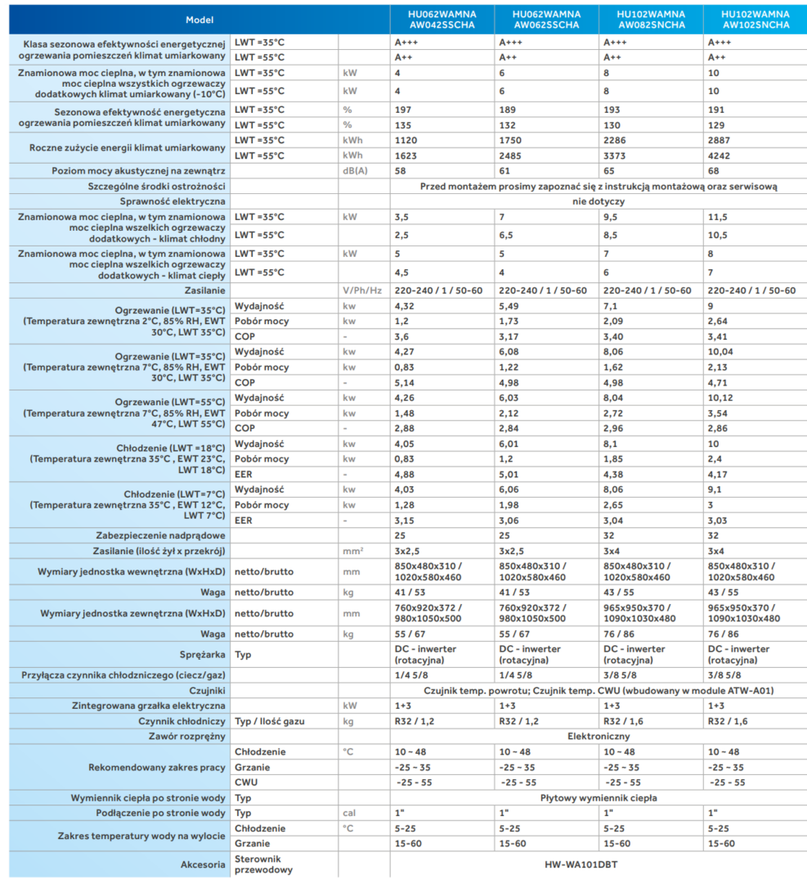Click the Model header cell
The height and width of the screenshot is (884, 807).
point(199,20)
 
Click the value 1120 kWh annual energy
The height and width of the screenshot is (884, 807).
point(407,140)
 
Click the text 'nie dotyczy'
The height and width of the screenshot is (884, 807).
point(598,201)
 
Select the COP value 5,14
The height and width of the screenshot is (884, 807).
point(406,382)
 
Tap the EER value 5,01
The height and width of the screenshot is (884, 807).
point(510,474)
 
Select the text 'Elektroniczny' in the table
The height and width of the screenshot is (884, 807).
point(598,736)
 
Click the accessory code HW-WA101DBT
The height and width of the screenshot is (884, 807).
point(598,864)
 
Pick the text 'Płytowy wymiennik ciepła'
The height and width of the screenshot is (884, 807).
point(598,797)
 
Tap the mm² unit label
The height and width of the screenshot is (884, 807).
point(353,552)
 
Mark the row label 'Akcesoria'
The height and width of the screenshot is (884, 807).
point(203,864)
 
